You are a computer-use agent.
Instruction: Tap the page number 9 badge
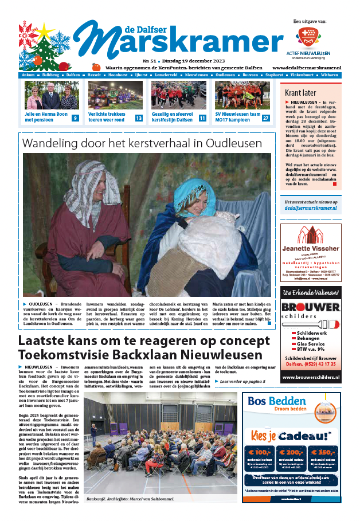point(75,118)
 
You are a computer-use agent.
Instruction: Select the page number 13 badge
point(139,118)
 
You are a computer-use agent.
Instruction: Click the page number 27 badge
point(265,118)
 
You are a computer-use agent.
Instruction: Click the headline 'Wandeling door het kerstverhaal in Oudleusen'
point(142,143)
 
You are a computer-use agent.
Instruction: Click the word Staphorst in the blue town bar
point(274,75)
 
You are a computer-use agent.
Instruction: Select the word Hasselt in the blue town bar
point(96,75)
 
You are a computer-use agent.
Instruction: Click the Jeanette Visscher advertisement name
point(311,248)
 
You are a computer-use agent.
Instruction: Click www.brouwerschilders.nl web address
point(310,377)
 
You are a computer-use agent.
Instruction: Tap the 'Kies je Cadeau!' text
point(291,435)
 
